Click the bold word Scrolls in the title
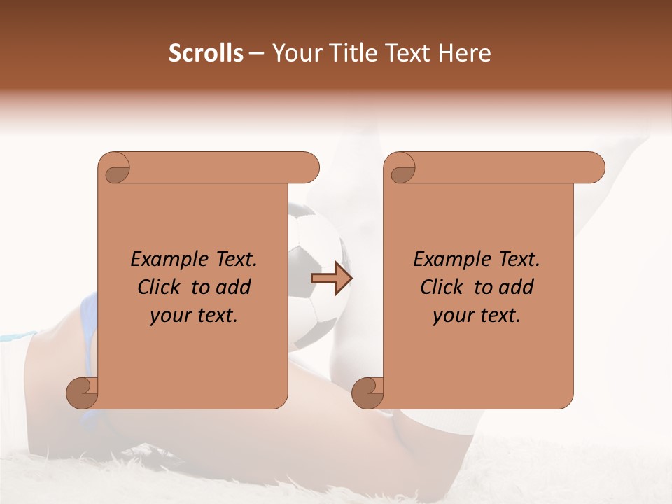point(206,53)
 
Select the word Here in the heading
point(465,53)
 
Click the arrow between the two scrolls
point(331,279)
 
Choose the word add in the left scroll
point(234,287)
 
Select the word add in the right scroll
point(517,287)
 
